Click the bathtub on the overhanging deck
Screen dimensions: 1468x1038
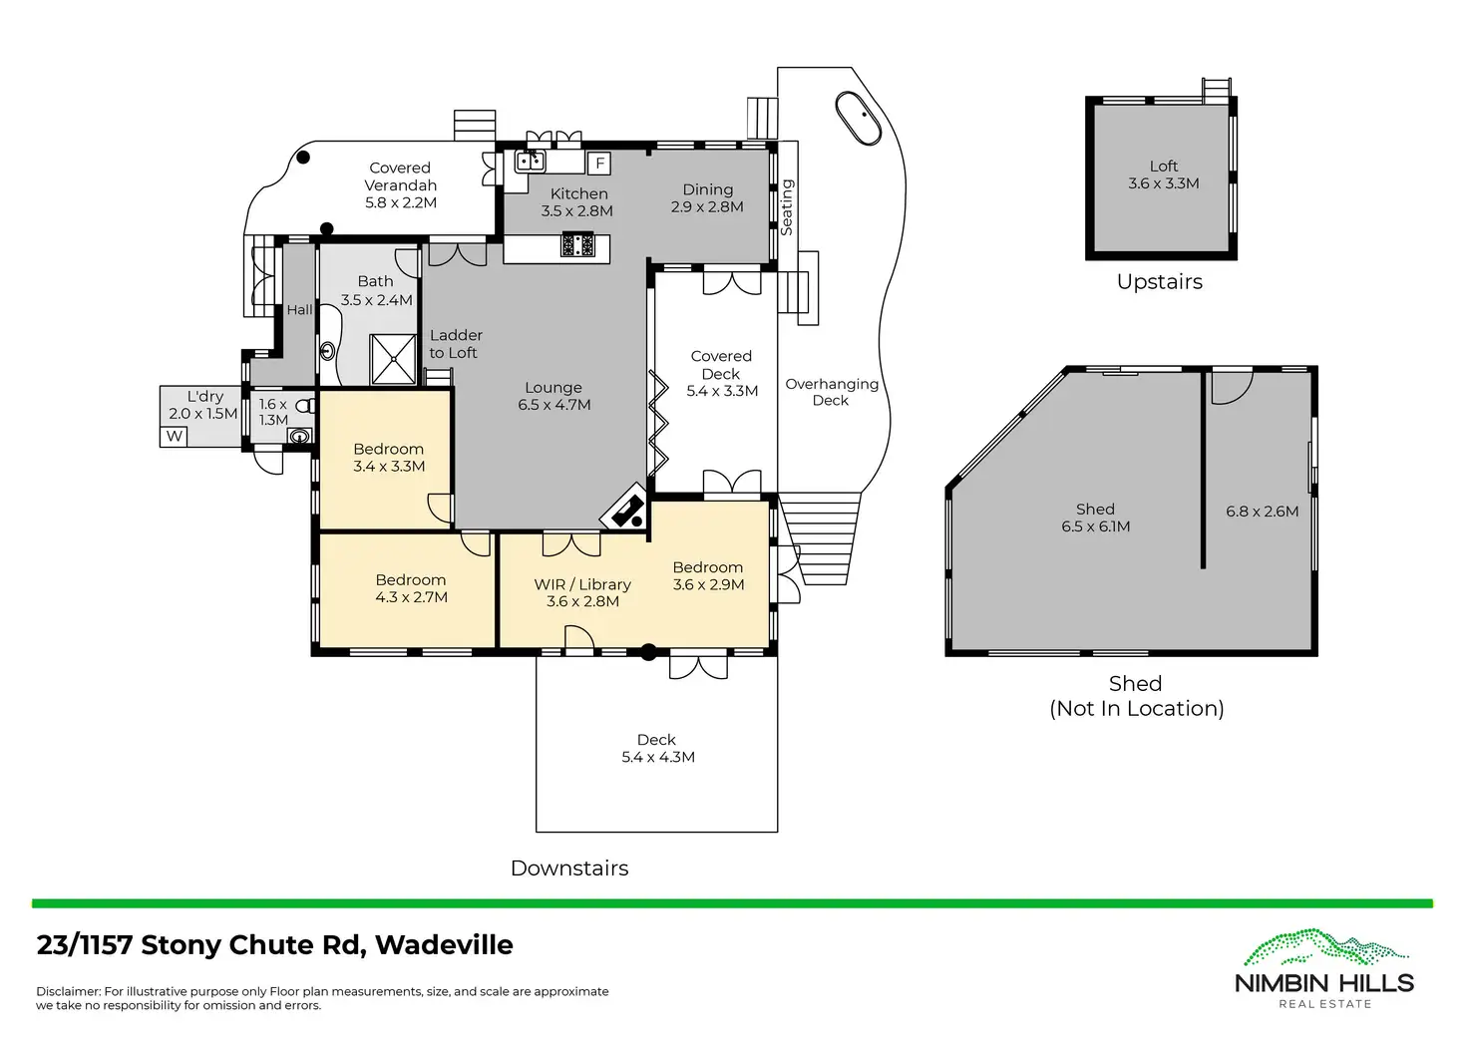(x=858, y=119)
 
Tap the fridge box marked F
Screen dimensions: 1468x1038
(x=599, y=164)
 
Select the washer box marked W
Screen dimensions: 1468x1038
(x=175, y=436)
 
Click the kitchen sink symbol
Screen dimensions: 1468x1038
(x=530, y=161)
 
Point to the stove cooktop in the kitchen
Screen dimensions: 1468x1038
(x=577, y=244)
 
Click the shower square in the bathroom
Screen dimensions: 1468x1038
(x=393, y=359)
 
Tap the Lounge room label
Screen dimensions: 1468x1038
(x=553, y=388)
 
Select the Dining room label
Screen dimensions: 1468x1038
(x=708, y=189)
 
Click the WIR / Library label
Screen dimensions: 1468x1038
(x=582, y=584)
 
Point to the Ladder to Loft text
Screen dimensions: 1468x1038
(x=455, y=344)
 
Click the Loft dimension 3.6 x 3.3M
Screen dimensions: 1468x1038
(x=1164, y=183)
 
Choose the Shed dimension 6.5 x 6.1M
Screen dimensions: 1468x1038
(x=1096, y=526)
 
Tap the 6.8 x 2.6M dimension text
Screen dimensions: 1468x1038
(x=1262, y=512)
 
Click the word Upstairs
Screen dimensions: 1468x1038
(x=1159, y=282)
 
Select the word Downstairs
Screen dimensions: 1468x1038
(x=569, y=868)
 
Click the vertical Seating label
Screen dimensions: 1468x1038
(x=787, y=207)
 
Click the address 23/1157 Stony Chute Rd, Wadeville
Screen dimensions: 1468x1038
(x=275, y=945)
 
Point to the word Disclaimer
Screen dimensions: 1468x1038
(x=68, y=991)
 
